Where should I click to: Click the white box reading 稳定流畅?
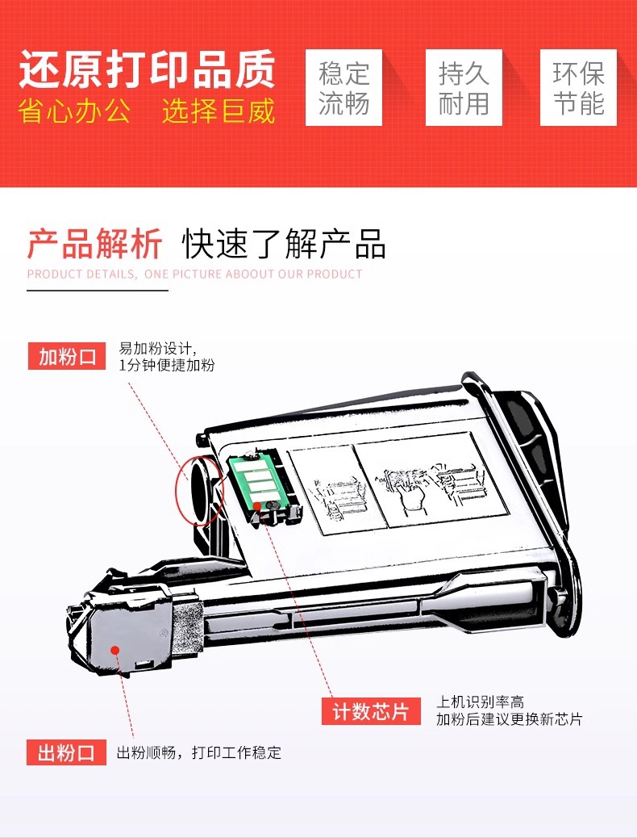pyautogui.click(x=343, y=88)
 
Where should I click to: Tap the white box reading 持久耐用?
pyautogui.click(x=464, y=88)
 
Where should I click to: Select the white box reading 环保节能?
pyautogui.click(x=578, y=88)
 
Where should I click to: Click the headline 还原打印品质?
pyautogui.click(x=147, y=69)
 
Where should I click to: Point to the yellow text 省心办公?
pyautogui.click(x=74, y=111)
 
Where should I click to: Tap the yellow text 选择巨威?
pyautogui.click(x=219, y=111)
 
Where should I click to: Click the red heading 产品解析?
pyautogui.click(x=94, y=244)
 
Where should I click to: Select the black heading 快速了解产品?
pyautogui.click(x=284, y=244)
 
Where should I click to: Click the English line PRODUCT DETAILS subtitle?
pyautogui.click(x=195, y=274)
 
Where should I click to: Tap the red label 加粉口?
pyautogui.click(x=67, y=356)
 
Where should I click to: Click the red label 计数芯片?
pyautogui.click(x=371, y=711)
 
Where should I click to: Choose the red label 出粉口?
pyautogui.click(x=66, y=752)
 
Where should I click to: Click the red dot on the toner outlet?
pyautogui.click(x=114, y=650)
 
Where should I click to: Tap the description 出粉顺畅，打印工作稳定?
pyautogui.click(x=198, y=753)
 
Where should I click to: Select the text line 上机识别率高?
pyautogui.click(x=480, y=702)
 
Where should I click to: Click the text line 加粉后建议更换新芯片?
pyautogui.click(x=509, y=719)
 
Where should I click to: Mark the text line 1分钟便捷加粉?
pyautogui.click(x=167, y=365)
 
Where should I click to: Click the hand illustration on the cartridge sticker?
pyautogui.click(x=412, y=492)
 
